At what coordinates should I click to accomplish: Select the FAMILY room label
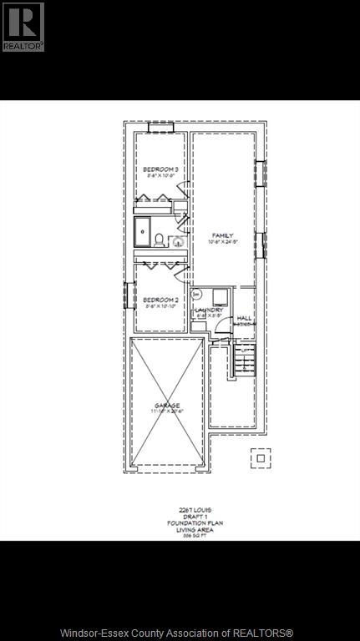[x=221, y=235]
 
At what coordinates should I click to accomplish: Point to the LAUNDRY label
[x=209, y=310]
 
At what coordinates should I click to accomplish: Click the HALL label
[x=244, y=318]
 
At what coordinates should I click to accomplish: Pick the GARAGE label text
[x=166, y=406]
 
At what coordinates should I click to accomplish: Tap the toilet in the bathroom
[x=178, y=241]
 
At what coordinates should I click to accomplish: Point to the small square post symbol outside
[x=261, y=458]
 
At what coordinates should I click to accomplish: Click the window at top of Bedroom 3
[x=160, y=127]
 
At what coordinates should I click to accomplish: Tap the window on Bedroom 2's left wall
[x=127, y=295]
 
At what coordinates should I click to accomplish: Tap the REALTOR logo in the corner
[x=23, y=27]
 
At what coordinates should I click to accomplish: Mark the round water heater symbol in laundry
[x=196, y=295]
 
